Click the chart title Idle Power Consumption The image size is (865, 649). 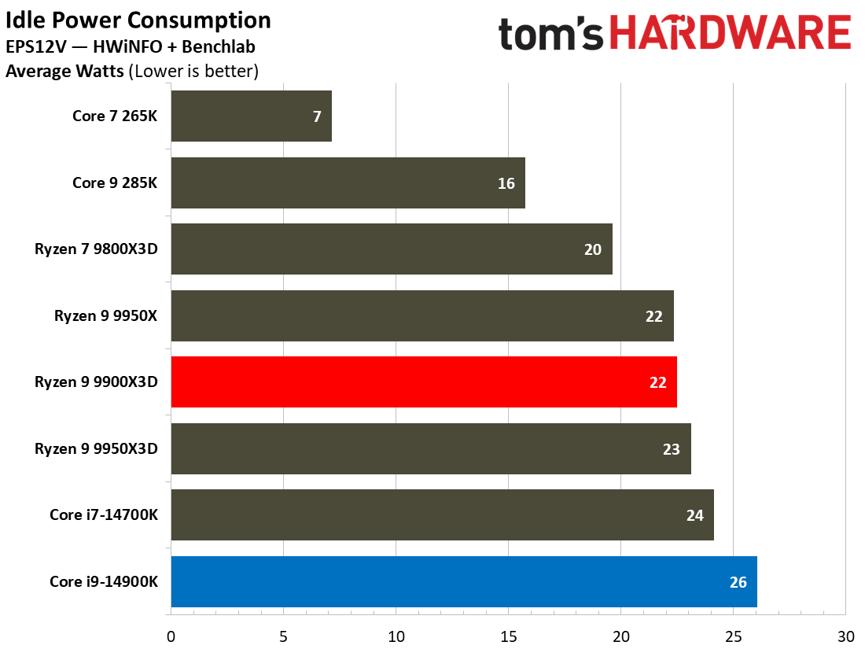(x=138, y=20)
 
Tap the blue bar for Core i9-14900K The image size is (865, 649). (x=463, y=582)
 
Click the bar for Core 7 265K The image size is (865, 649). (x=251, y=116)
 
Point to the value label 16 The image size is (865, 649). (x=506, y=183)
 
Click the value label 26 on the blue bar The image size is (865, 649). (x=738, y=582)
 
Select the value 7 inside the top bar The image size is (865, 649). (x=316, y=116)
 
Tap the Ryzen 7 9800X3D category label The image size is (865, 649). (x=96, y=249)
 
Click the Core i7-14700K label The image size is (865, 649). (x=104, y=515)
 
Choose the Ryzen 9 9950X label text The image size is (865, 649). (x=106, y=316)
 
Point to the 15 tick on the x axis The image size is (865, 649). (x=508, y=636)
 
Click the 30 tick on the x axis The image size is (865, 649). (x=845, y=636)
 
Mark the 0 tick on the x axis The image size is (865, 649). (x=171, y=636)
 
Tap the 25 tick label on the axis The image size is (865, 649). (x=733, y=636)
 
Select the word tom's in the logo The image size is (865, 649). (x=551, y=34)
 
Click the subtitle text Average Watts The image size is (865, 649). (x=64, y=72)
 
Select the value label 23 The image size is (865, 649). (x=671, y=449)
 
